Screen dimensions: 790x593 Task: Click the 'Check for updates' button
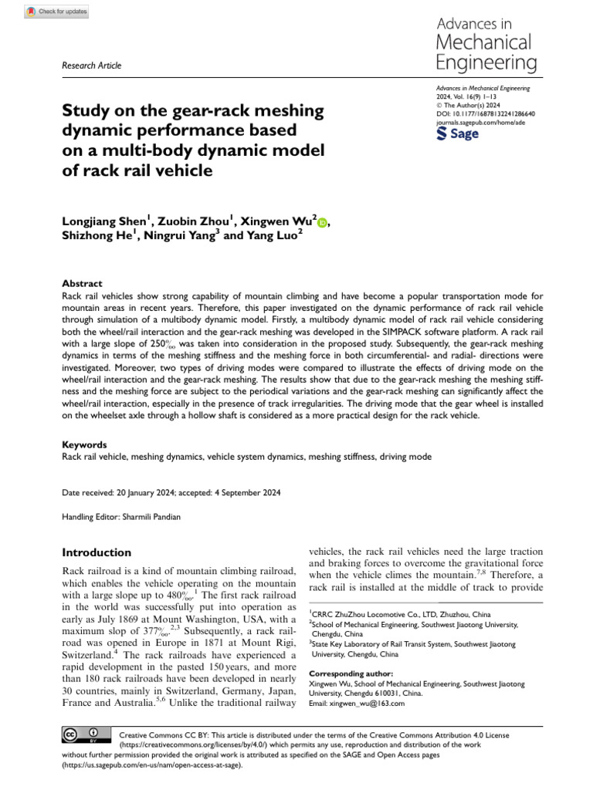pyautogui.click(x=58, y=12)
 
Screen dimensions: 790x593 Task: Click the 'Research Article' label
pyautogui.click(x=91, y=66)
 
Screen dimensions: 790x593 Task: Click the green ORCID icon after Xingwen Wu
pyautogui.click(x=322, y=223)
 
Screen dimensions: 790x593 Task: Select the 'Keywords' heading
pyautogui.click(x=84, y=445)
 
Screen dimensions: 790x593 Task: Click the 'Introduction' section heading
pyautogui.click(x=97, y=552)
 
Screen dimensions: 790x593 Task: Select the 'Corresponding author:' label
pyautogui.click(x=347, y=673)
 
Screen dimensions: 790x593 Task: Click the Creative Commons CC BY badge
pyautogui.click(x=80, y=733)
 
